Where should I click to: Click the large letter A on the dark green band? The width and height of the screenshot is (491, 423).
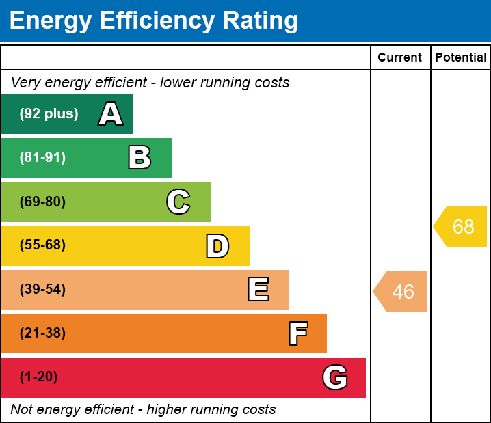111,114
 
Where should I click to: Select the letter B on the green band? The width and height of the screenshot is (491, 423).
140,158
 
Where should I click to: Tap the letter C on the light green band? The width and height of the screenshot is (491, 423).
178,202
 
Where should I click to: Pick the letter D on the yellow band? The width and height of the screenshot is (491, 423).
217,246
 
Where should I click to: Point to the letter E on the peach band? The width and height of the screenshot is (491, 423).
258,290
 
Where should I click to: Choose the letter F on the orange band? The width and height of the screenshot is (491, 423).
297,333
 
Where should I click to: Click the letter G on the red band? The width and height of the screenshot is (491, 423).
335,377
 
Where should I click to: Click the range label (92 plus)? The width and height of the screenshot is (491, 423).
49,114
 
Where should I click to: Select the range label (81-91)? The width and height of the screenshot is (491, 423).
42,158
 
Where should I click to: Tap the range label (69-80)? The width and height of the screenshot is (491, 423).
42,202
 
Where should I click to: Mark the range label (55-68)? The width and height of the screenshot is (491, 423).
42,245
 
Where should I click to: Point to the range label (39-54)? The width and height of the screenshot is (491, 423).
42,290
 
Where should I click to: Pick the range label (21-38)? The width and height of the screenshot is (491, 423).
42,333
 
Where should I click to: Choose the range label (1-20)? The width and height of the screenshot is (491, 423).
39,377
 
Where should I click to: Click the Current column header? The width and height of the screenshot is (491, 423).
400,58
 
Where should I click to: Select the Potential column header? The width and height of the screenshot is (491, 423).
461,58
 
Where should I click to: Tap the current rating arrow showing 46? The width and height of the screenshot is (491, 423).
401,292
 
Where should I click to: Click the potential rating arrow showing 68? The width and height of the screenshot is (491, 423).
462,226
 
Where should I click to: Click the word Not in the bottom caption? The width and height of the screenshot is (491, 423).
23,410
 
